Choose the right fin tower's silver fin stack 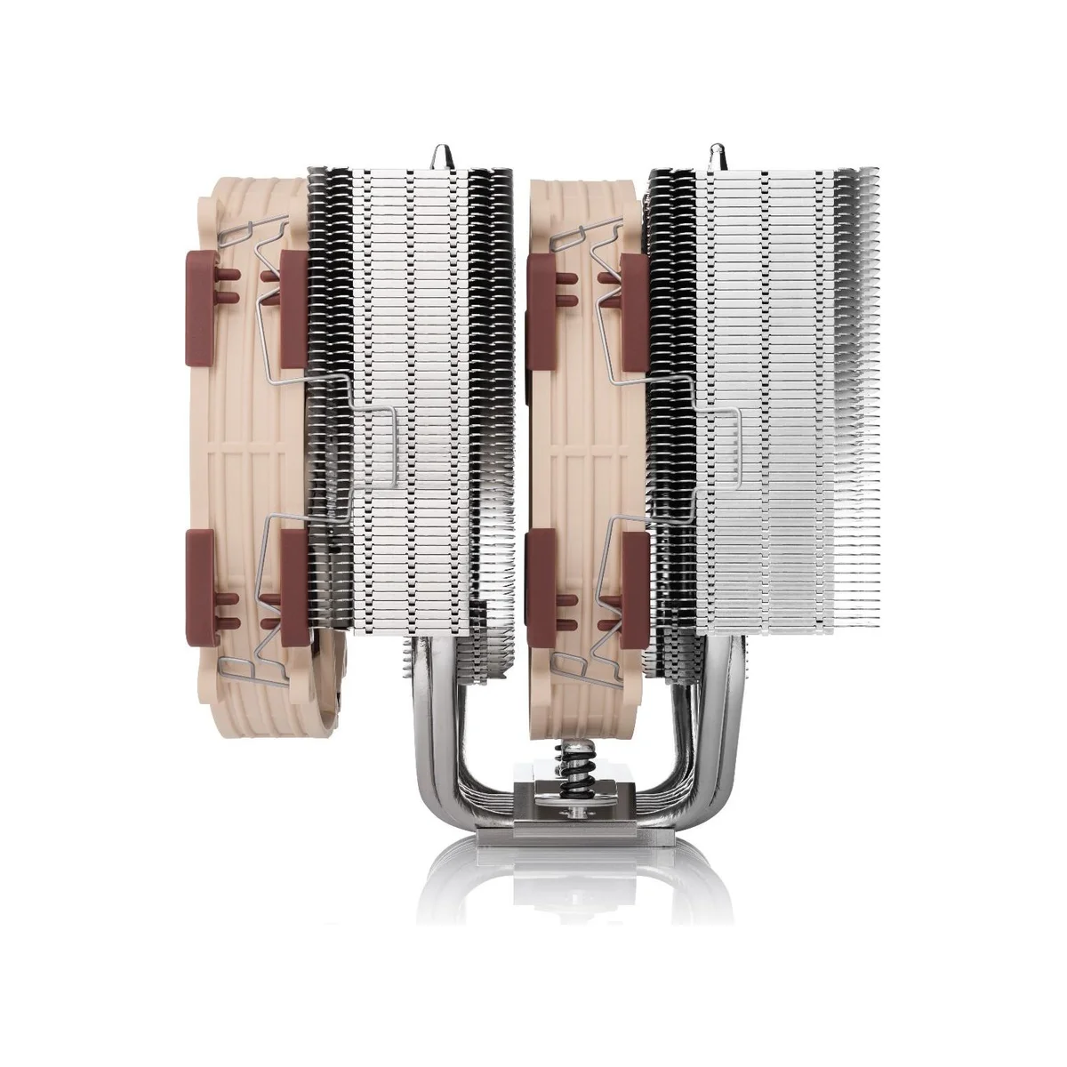(x=782, y=356)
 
